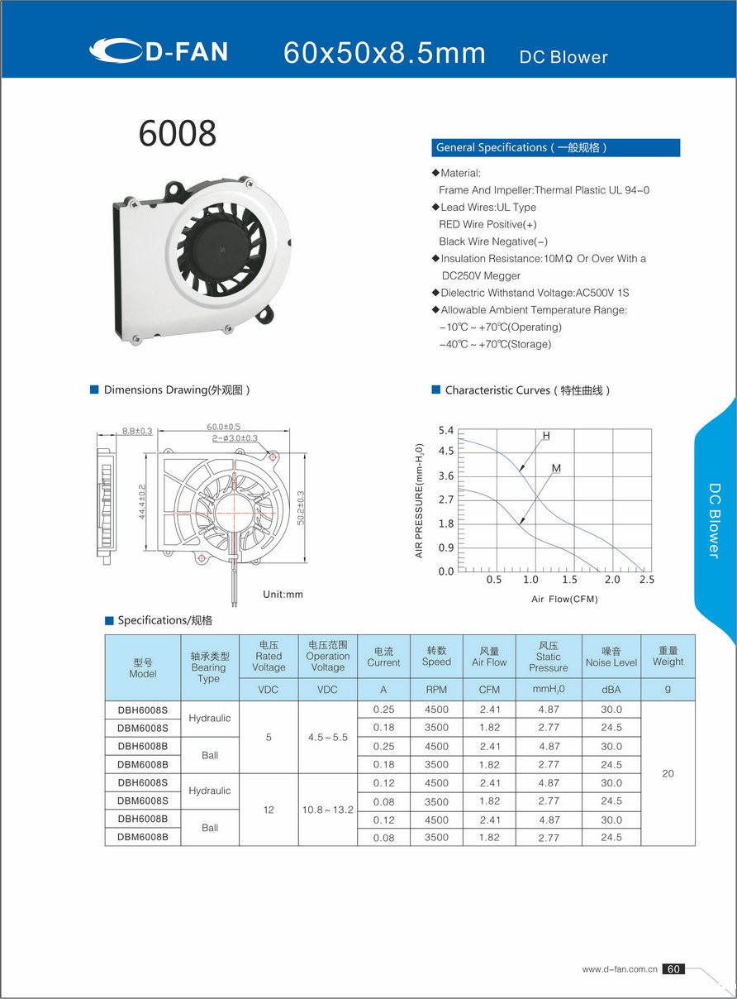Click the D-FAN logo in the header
point(159,51)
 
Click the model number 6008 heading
point(178,133)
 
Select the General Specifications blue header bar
point(555,148)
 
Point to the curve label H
point(546,436)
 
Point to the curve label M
point(556,469)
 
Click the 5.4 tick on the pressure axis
point(446,431)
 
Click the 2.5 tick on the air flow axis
point(646,580)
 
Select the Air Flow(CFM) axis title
point(564,599)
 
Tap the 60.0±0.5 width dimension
point(224,427)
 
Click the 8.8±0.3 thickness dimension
point(137,431)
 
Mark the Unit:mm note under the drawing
point(283,594)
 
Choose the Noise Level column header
point(611,657)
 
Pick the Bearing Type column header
point(209,667)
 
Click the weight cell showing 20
point(668,773)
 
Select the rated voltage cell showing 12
point(269,810)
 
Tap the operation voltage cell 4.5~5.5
point(328,737)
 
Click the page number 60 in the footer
point(673,968)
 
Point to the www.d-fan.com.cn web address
point(620,969)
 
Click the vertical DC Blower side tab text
point(715,520)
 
